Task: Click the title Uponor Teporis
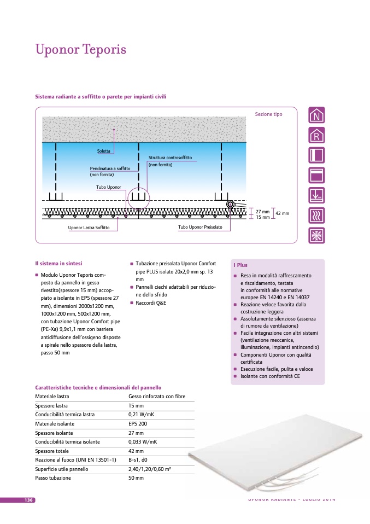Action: (x=81, y=50)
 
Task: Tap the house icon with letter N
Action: (x=316, y=115)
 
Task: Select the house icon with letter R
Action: (x=316, y=135)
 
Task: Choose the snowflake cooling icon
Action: (x=316, y=235)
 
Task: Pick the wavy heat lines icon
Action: (x=316, y=216)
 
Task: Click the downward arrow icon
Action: (x=316, y=195)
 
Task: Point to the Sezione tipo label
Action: (x=268, y=114)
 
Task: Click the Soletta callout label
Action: (x=104, y=151)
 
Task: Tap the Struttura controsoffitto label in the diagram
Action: (x=170, y=158)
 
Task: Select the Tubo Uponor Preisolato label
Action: (x=200, y=226)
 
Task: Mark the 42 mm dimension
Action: (x=282, y=213)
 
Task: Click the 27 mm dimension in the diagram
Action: (x=263, y=211)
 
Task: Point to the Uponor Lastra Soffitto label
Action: (x=89, y=227)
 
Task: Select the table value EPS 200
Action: (x=138, y=424)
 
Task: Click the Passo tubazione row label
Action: (x=53, y=478)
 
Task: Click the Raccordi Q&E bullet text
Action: (x=151, y=302)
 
